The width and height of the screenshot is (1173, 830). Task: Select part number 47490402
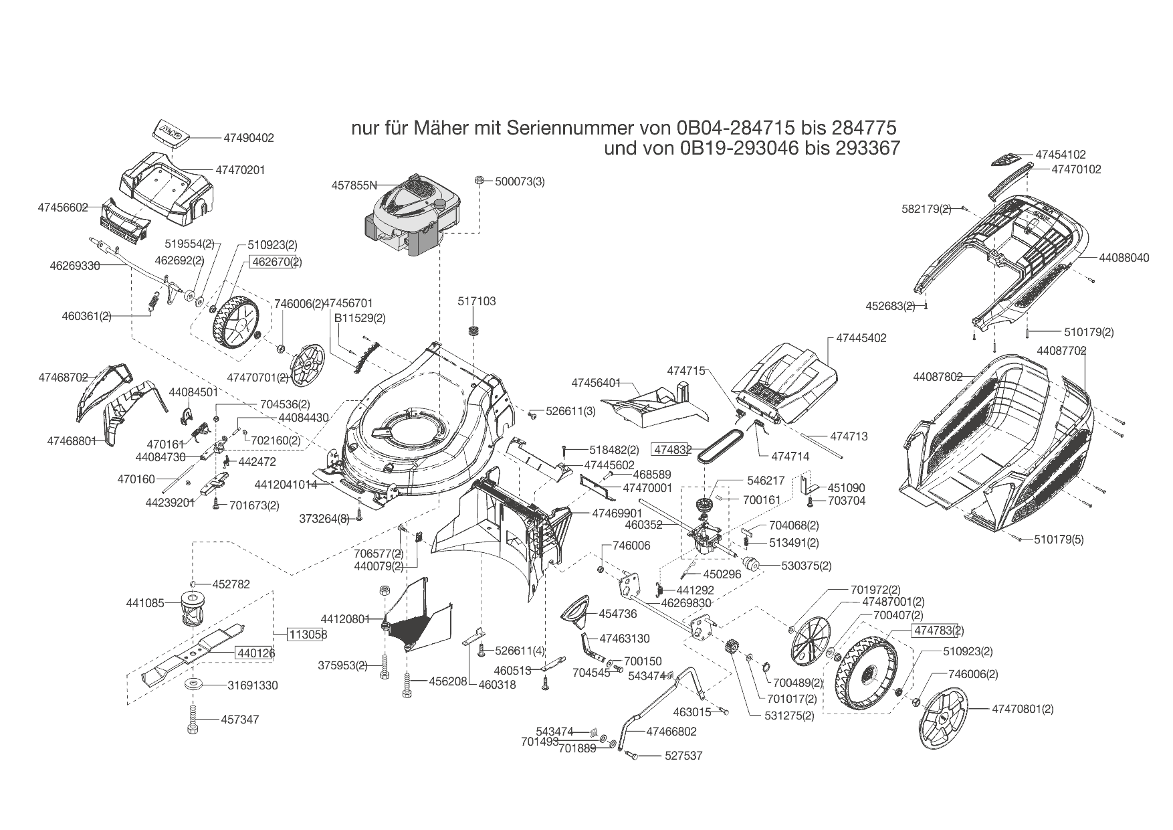(x=249, y=138)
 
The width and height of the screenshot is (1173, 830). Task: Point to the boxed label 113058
(x=308, y=634)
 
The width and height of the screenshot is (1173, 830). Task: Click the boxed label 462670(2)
(x=276, y=262)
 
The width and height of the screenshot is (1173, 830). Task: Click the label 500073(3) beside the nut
(x=520, y=181)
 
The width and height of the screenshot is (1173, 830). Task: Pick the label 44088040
(x=1124, y=257)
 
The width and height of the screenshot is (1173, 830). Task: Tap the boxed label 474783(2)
(x=938, y=630)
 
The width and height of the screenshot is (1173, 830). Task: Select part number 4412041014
(x=286, y=484)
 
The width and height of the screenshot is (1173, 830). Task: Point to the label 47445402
(x=861, y=338)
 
